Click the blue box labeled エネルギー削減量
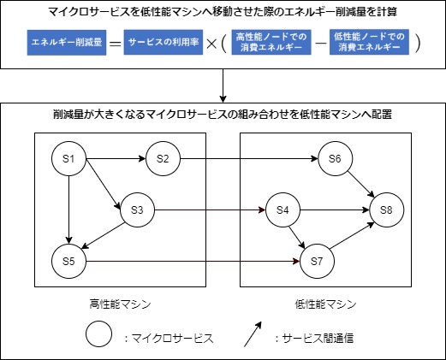[x=67, y=43]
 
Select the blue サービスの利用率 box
[x=164, y=42]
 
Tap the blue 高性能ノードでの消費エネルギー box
[x=271, y=42]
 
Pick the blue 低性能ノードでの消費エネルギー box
[x=369, y=42]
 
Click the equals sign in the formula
[x=116, y=44]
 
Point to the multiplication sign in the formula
[x=211, y=44]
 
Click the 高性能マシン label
[x=120, y=304]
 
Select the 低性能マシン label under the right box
[x=325, y=304]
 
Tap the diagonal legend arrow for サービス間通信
[x=253, y=334]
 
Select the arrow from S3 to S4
[x=210, y=210]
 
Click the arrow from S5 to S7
[x=193, y=261]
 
